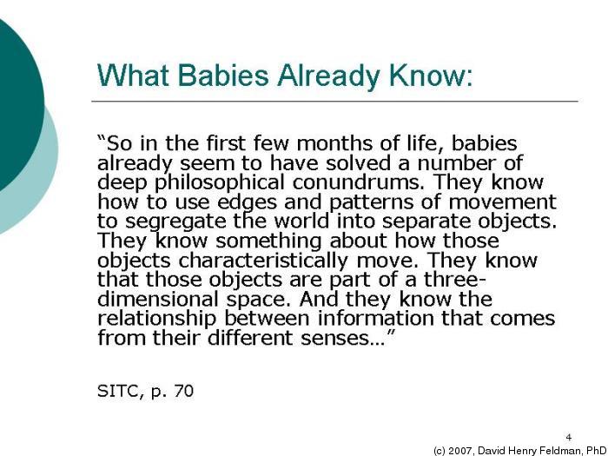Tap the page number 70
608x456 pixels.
click(x=182, y=391)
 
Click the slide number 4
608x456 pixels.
click(x=568, y=436)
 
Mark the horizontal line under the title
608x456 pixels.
click(x=334, y=102)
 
